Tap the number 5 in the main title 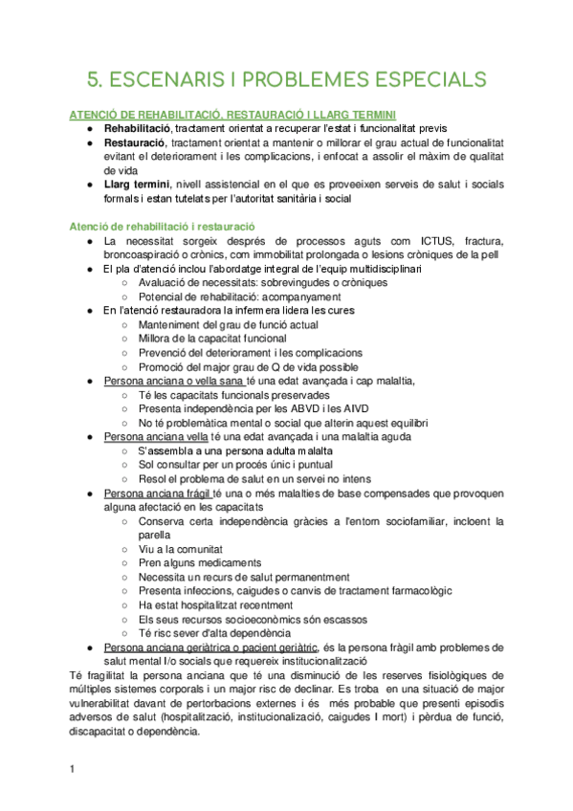pyautogui.click(x=93, y=78)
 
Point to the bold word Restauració pyautogui.click(x=138, y=142)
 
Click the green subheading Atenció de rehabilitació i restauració pyautogui.click(x=162, y=226)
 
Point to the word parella pyautogui.click(x=156, y=535)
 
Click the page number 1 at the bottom pyautogui.click(x=73, y=769)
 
